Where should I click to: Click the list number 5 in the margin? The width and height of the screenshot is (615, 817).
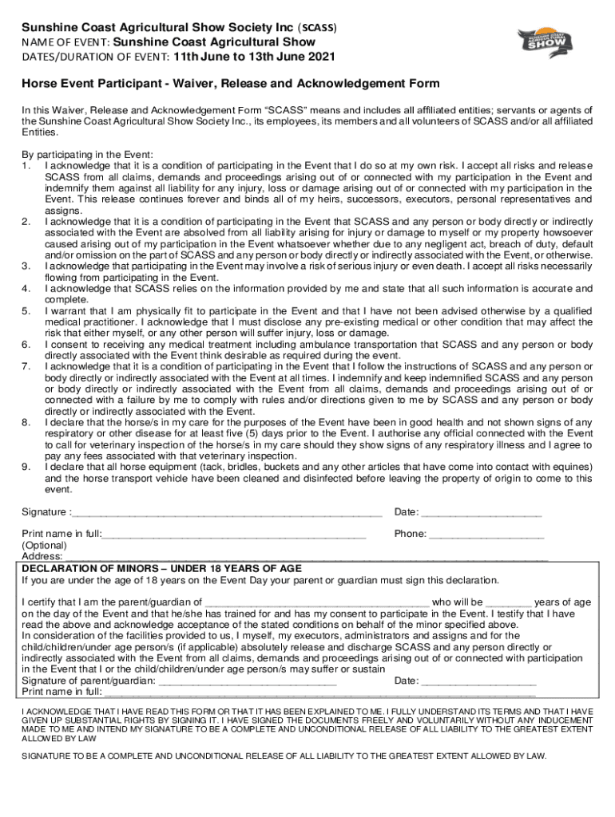click(x=26, y=310)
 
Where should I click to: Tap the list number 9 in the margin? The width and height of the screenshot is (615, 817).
click(x=26, y=466)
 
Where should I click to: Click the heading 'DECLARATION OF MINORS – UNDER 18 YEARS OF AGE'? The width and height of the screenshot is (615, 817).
click(x=162, y=568)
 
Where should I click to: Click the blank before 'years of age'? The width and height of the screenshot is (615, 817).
click(x=508, y=602)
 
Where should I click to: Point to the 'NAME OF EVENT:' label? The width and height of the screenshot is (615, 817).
click(x=66, y=41)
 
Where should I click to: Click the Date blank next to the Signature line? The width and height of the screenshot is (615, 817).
click(x=482, y=512)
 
